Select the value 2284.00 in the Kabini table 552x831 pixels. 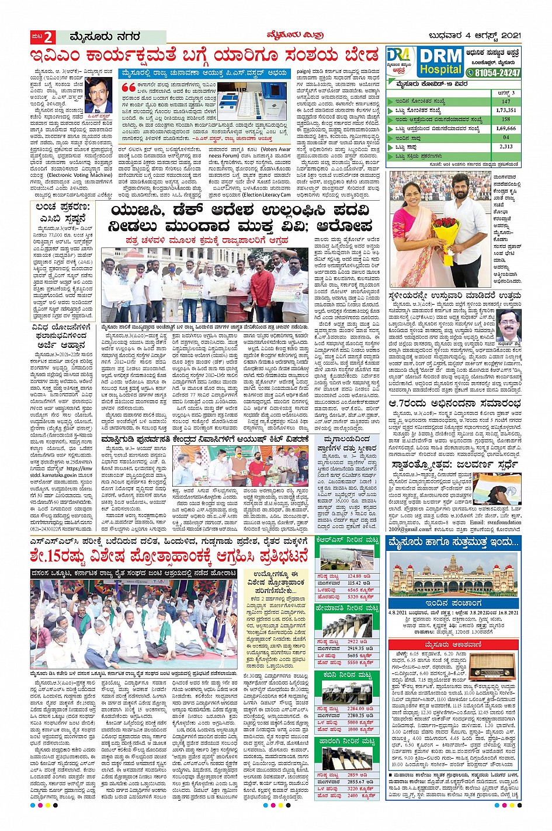(x=356, y=708)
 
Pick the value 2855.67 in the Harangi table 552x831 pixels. (x=356, y=781)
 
